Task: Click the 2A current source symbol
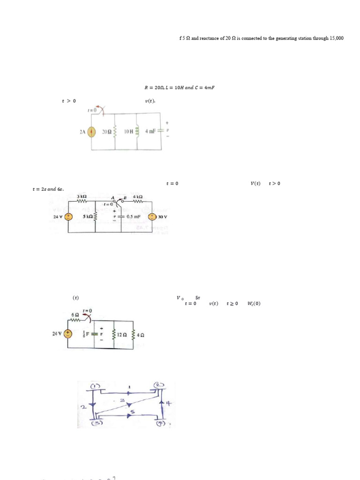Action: tap(92, 132)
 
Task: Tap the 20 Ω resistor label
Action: tap(105, 132)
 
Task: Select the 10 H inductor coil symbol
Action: tap(137, 132)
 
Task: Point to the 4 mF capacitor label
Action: tap(150, 131)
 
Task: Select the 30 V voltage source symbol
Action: tap(152, 217)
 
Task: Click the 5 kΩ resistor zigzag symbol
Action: tap(96, 217)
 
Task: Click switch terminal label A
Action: tap(112, 198)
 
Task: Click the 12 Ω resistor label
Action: tap(122, 335)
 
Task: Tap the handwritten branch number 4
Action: tap(169, 404)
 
